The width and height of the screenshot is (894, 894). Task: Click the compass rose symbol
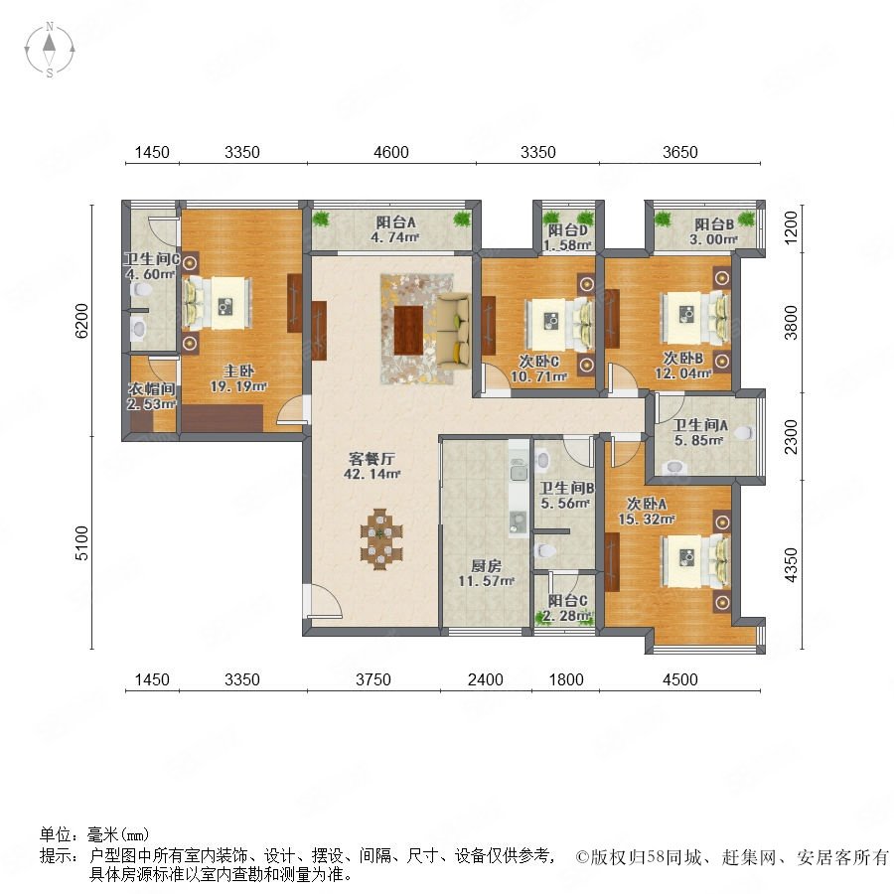(50, 50)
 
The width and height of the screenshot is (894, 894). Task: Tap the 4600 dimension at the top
(391, 152)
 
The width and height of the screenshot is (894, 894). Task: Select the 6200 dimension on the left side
(82, 321)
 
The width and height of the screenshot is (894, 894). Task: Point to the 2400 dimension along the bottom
(485, 679)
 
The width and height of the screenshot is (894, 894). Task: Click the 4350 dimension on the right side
(791, 565)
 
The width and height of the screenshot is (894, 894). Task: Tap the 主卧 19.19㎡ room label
(238, 378)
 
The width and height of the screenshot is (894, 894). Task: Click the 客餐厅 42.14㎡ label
(372, 466)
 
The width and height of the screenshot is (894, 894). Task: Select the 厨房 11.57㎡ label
(487, 573)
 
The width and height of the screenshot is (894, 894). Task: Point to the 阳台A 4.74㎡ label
(395, 229)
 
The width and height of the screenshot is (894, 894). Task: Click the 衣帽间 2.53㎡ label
(151, 396)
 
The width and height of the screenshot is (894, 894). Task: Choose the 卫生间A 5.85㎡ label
(699, 432)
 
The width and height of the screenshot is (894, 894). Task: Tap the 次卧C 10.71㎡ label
(538, 369)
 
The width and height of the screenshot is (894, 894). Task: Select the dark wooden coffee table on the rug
(409, 330)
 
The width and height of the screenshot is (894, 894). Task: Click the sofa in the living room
(454, 330)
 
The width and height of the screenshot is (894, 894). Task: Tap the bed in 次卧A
(695, 561)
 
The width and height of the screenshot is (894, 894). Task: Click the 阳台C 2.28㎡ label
(567, 608)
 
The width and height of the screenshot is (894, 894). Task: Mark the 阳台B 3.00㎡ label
(714, 231)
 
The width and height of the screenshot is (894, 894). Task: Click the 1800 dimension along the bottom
(566, 679)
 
